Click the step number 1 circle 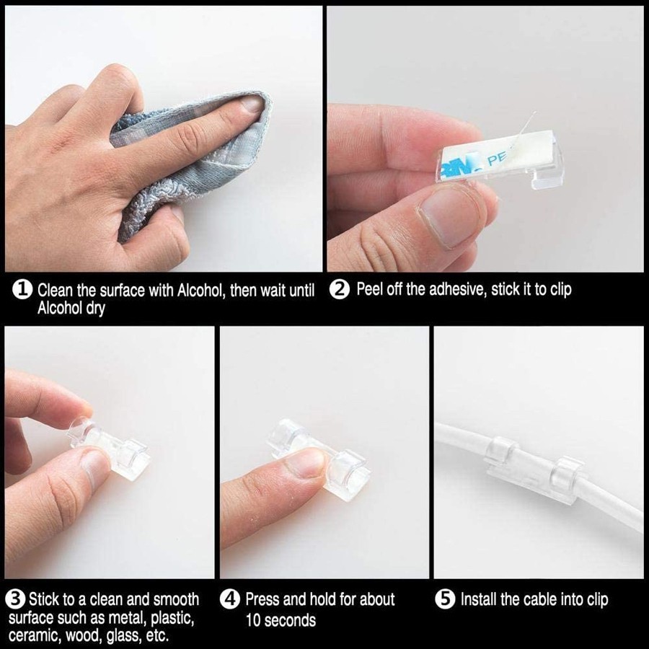coord(22,289)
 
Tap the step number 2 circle coord(340,289)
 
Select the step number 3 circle coord(15,599)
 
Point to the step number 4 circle coord(230,599)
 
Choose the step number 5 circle coord(446,599)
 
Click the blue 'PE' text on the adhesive coord(497,159)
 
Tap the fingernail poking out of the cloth coord(252,104)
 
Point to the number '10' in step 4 coord(253,620)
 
